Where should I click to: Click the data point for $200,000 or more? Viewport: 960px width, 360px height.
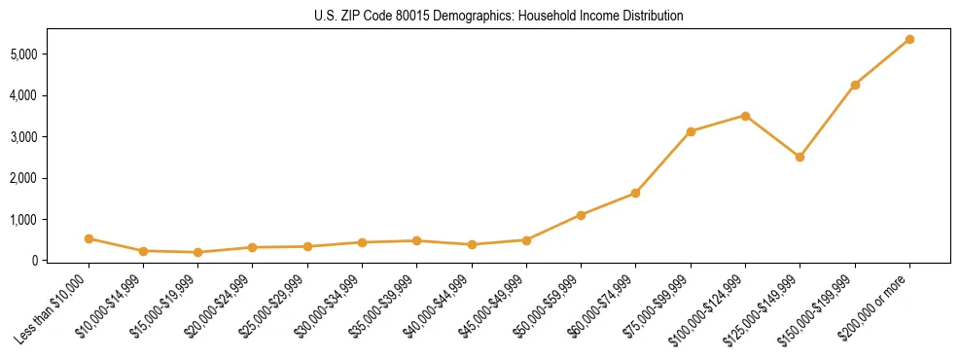click(909, 39)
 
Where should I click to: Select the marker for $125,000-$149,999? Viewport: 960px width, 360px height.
click(800, 157)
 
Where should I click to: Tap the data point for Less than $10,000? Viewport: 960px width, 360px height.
click(89, 238)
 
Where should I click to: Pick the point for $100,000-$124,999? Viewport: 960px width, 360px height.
click(745, 116)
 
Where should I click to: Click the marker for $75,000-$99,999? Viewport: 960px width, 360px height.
click(691, 131)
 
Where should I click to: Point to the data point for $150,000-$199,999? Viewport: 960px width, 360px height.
click(855, 85)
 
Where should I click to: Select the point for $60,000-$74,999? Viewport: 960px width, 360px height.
click(635, 193)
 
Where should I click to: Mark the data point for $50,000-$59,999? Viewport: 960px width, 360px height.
click(581, 215)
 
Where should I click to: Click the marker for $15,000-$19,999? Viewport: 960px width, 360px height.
click(197, 252)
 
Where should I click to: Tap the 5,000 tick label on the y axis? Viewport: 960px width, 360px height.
click(49, 54)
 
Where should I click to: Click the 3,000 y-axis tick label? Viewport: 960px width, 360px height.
click(49, 137)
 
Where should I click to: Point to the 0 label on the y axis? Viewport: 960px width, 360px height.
click(60, 261)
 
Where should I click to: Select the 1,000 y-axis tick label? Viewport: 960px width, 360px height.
click(49, 220)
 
